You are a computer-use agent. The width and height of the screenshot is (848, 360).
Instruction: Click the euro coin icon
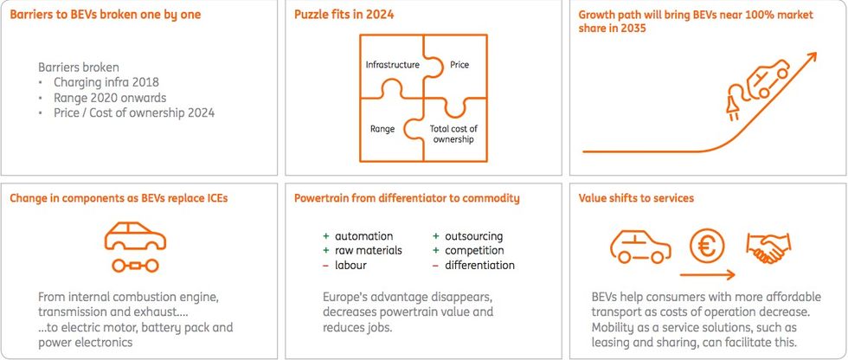[x=707, y=248]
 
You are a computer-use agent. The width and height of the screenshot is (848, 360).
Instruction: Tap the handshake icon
[x=768, y=248]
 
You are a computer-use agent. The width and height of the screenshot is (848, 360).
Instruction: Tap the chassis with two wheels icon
[x=135, y=266]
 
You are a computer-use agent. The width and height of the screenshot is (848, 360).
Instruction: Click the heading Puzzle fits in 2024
[x=344, y=15]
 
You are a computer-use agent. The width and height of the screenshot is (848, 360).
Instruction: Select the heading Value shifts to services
[x=636, y=198]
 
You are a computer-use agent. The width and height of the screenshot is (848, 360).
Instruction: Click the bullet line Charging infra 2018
[x=106, y=83]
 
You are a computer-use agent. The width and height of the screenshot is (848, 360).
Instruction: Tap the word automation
[x=364, y=236]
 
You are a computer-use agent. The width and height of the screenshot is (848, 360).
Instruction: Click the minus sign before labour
[x=325, y=266]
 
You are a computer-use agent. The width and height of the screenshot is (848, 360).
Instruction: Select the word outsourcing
[x=474, y=237]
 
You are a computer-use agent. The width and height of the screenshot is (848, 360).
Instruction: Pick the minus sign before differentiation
[x=435, y=266]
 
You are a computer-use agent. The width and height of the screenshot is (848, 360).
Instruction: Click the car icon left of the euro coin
[x=640, y=248]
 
